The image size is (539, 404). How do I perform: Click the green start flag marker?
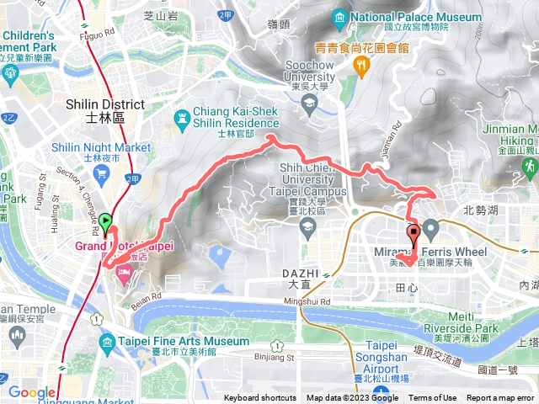[106, 222]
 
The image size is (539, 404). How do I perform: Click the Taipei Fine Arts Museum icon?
[107, 342]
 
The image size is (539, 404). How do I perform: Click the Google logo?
[31, 391]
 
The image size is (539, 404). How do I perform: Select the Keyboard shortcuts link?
[259, 398]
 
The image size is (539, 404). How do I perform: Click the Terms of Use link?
[433, 398]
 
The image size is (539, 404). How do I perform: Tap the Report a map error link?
[500, 398]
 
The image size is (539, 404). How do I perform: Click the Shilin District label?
[104, 104]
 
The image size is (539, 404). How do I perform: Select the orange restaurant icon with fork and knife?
[362, 66]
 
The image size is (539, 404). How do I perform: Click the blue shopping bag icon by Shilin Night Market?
[104, 176]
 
